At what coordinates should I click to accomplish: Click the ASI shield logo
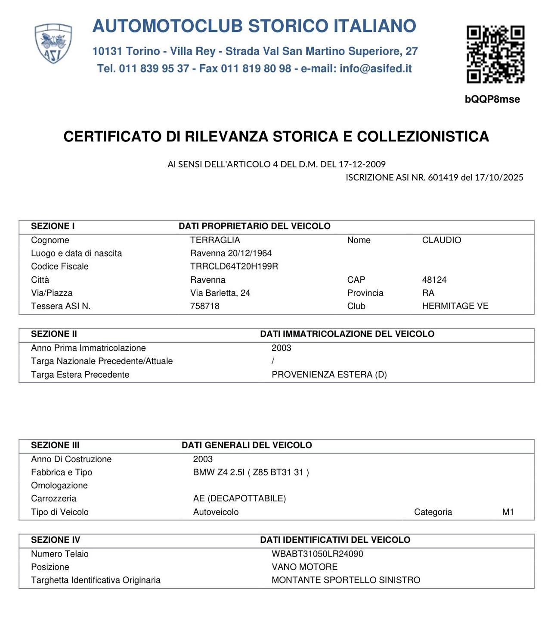(x=53, y=44)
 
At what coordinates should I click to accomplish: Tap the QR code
(x=495, y=54)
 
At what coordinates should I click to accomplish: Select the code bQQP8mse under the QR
(x=492, y=99)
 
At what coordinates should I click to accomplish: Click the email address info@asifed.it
(x=375, y=69)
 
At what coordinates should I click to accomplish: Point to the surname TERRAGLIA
(x=215, y=240)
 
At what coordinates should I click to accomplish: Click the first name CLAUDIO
(x=441, y=240)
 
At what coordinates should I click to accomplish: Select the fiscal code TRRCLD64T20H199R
(x=234, y=266)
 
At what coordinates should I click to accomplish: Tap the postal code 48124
(x=434, y=280)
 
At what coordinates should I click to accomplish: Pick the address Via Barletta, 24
(x=220, y=293)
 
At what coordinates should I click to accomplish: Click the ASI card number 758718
(x=205, y=306)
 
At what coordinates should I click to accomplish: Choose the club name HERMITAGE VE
(x=455, y=306)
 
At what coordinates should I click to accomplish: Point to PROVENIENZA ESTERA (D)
(x=329, y=375)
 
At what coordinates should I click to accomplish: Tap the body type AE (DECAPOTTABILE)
(x=239, y=499)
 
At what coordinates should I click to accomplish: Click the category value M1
(x=508, y=512)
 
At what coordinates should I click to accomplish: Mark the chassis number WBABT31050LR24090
(x=317, y=554)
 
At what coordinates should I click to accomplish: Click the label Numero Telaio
(x=60, y=554)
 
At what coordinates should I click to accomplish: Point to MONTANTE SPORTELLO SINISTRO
(x=346, y=580)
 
